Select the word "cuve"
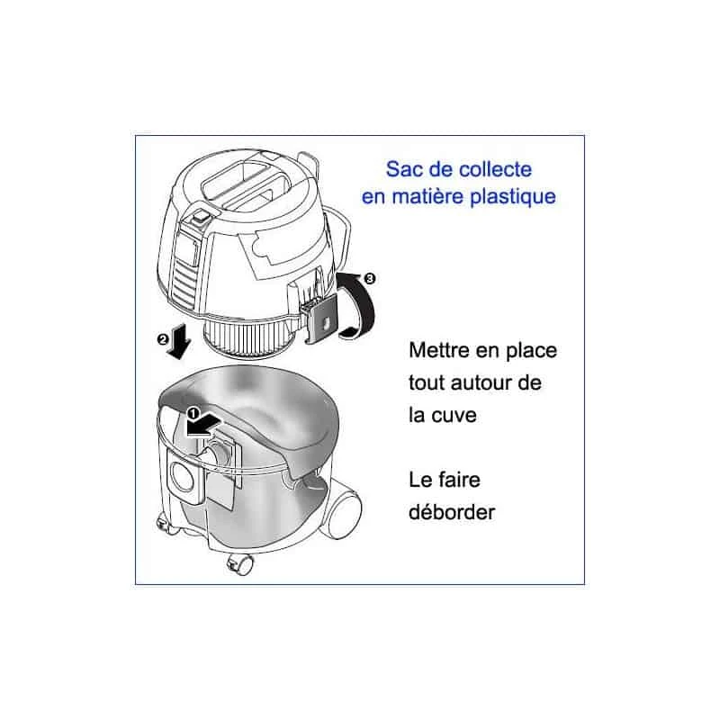point(449,417)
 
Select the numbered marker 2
point(162,340)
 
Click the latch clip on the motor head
point(319,319)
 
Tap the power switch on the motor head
point(198,216)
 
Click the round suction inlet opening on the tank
point(185,473)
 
